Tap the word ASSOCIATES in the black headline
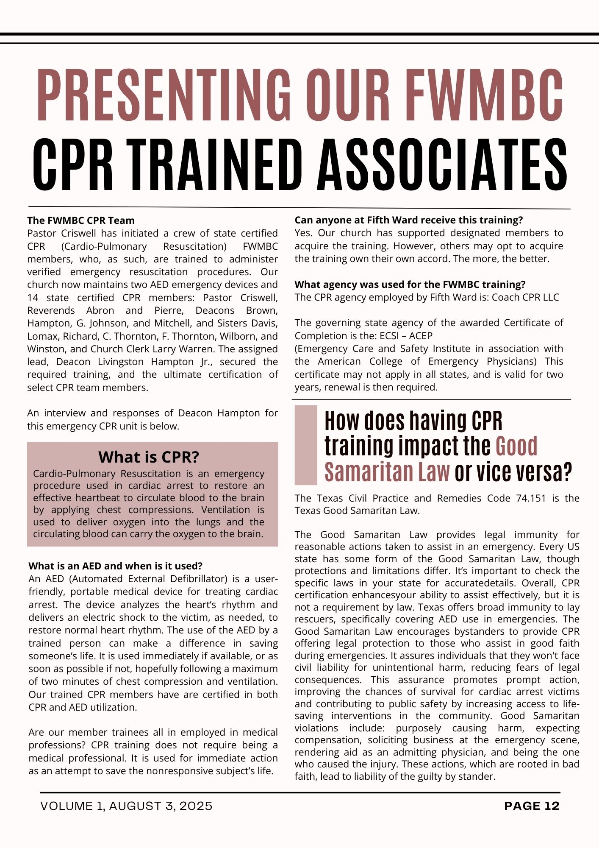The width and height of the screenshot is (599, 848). coord(443,165)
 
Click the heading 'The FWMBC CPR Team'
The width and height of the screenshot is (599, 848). coord(81,220)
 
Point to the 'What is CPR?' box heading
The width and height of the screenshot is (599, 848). coord(149,457)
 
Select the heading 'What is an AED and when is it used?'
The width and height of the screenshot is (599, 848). coord(115,566)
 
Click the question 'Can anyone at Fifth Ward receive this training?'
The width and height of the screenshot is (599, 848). coord(409,220)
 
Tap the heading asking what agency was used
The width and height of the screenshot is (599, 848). coord(410,285)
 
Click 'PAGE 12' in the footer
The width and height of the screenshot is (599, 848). coord(532,806)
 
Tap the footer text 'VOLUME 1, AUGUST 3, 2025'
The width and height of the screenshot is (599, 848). coord(126,806)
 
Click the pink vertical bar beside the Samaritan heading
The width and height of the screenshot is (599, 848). coord(306,445)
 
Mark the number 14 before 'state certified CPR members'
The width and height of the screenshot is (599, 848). coord(33,298)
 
